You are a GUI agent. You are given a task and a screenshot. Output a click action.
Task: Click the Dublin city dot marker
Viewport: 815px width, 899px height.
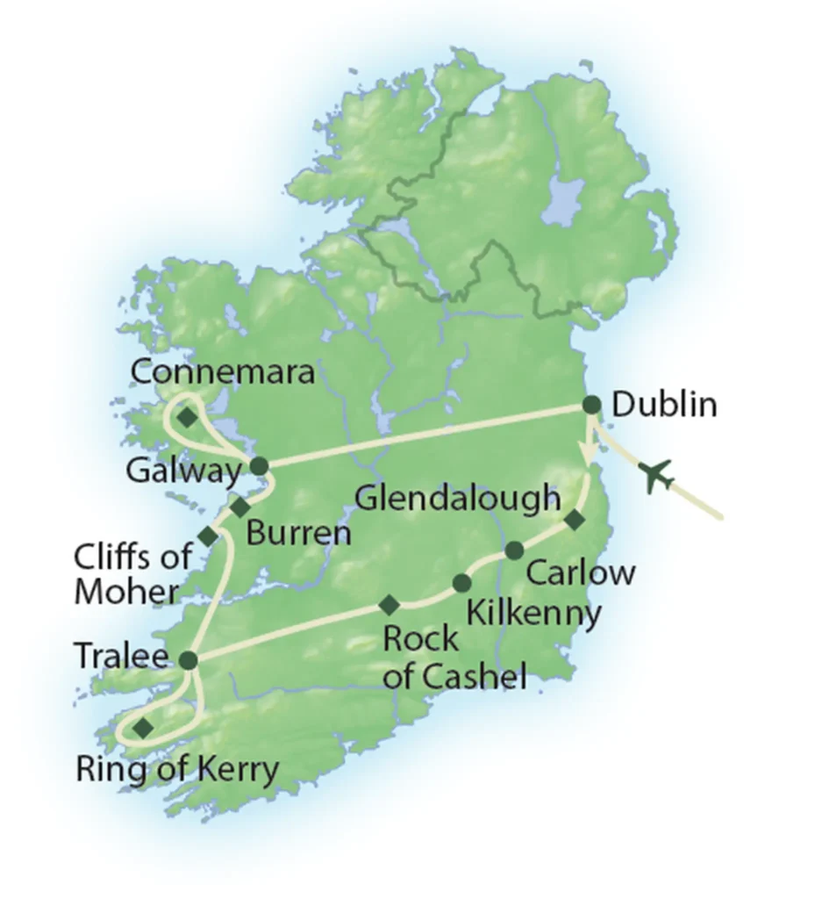pyautogui.click(x=592, y=405)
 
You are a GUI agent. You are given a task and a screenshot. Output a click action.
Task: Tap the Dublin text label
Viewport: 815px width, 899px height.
pyautogui.click(x=664, y=405)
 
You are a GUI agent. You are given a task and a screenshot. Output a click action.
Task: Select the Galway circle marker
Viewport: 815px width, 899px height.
pyautogui.click(x=259, y=465)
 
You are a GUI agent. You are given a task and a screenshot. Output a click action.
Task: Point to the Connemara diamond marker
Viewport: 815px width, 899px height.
pyautogui.click(x=187, y=417)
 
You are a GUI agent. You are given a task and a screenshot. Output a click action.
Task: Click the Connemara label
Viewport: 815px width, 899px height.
pyautogui.click(x=222, y=372)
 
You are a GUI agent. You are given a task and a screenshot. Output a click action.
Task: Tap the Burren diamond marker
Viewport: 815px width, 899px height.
pyautogui.click(x=239, y=507)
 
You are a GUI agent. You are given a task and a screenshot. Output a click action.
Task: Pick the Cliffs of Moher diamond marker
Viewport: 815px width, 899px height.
pyautogui.click(x=207, y=536)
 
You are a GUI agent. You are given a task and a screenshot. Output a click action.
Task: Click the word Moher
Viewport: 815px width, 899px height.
pyautogui.click(x=125, y=592)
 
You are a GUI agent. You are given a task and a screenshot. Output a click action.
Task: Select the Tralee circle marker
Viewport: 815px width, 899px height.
pyautogui.click(x=188, y=658)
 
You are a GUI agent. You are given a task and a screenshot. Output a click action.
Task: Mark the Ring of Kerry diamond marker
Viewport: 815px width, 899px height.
pyautogui.click(x=142, y=727)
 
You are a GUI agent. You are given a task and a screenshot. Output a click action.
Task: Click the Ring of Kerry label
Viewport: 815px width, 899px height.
pyautogui.click(x=177, y=771)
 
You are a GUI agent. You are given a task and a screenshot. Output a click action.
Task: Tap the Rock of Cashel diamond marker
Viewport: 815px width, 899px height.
pyautogui.click(x=389, y=604)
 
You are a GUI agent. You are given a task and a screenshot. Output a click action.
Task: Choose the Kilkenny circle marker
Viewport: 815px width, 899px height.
pyautogui.click(x=461, y=583)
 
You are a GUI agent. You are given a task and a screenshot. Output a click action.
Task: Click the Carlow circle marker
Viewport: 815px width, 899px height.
pyautogui.click(x=515, y=550)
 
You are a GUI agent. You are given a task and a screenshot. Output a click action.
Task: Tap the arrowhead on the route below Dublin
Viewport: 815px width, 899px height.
pyautogui.click(x=586, y=453)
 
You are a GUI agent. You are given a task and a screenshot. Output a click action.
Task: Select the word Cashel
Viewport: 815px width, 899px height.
pyautogui.click(x=476, y=677)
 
